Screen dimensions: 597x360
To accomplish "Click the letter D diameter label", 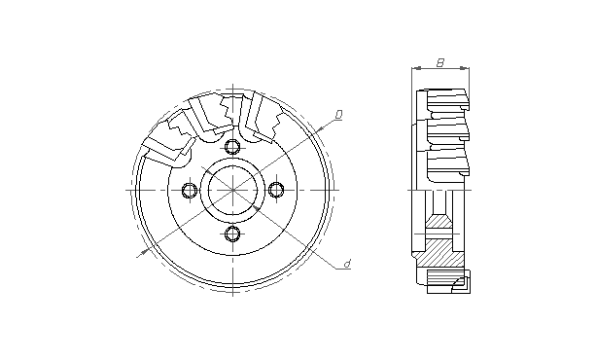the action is coord(338,114).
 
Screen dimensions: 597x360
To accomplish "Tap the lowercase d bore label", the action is coord(347,264).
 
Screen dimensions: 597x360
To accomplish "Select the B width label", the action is coord(440,62).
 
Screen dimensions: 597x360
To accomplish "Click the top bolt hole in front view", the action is coord(232,146).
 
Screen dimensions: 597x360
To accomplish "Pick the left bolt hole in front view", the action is coord(190,190).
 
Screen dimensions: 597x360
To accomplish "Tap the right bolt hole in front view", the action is coord(276,190).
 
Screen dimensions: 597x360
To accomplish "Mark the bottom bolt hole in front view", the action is coord(232,234).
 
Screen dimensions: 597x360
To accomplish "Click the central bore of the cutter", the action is coord(232,190).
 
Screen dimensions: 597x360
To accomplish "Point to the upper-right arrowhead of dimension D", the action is coord(319,130).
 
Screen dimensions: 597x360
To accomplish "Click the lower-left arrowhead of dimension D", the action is coord(144,251).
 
